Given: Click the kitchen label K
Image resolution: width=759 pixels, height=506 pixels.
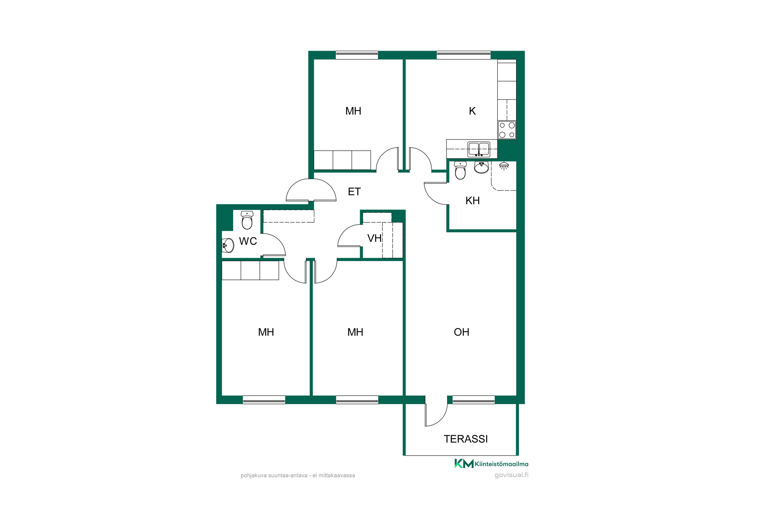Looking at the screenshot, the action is coord(472,111).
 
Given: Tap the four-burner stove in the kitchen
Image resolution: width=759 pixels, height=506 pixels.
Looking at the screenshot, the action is coord(507,130).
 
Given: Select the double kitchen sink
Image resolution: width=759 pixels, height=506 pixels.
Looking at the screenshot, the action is coord(479,150).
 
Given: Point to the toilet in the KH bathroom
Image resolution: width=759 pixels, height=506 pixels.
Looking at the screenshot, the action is coord(460,170).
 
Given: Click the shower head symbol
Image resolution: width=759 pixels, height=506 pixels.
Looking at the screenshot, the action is coord(504,166).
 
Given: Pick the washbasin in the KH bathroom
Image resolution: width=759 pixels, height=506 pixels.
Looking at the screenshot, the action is coord(481,167).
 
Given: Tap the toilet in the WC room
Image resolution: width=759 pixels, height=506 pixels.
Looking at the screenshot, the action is coord(247,220).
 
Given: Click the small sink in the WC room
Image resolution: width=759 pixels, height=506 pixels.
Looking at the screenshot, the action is coord(228,245).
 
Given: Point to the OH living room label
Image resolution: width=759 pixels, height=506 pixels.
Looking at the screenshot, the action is coord(461,332).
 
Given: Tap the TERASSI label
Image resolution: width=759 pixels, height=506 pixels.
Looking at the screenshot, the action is coord(466,439).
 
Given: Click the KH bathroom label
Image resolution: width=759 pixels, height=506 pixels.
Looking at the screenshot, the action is coord(472,201).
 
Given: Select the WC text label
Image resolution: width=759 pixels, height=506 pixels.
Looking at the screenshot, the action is coord(248,241).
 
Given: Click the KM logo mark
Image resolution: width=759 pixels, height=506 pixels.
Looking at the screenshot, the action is coord(464,464).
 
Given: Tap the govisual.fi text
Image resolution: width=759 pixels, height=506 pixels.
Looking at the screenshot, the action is coord(512,475).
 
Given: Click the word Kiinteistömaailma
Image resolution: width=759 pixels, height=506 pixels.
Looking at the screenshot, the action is coord(501,464).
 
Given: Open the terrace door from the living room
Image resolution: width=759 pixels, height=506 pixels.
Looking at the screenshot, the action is coord(436,411).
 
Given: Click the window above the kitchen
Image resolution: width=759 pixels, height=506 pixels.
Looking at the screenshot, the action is coord(463,55).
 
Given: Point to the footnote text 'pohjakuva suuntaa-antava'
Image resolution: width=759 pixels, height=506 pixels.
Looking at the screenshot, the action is coord(274,475).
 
